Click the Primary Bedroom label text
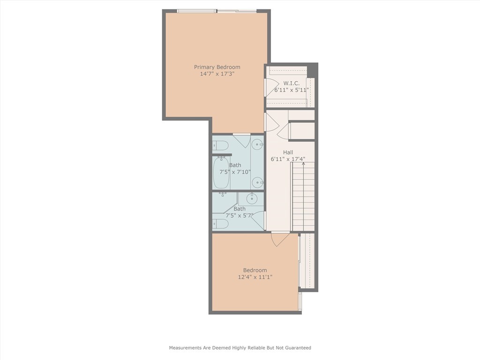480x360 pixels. [x=217, y=67]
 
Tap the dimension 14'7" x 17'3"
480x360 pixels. [x=217, y=74]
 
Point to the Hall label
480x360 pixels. [x=288, y=152]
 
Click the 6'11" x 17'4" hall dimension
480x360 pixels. [x=288, y=159]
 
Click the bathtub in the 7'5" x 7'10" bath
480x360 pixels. [x=221, y=172]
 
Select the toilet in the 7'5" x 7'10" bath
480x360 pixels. [x=220, y=144]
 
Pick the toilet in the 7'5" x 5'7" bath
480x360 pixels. [x=220, y=224]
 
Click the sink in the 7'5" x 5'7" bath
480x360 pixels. [x=253, y=199]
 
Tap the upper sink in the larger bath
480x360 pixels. [x=257, y=144]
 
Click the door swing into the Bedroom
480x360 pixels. [x=280, y=239]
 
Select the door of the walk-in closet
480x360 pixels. [x=271, y=87]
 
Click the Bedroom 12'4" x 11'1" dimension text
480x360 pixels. [x=255, y=277]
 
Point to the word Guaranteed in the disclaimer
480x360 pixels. [x=296, y=348]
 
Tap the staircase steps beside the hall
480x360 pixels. [x=303, y=197]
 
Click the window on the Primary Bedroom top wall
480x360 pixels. [x=217, y=11]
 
